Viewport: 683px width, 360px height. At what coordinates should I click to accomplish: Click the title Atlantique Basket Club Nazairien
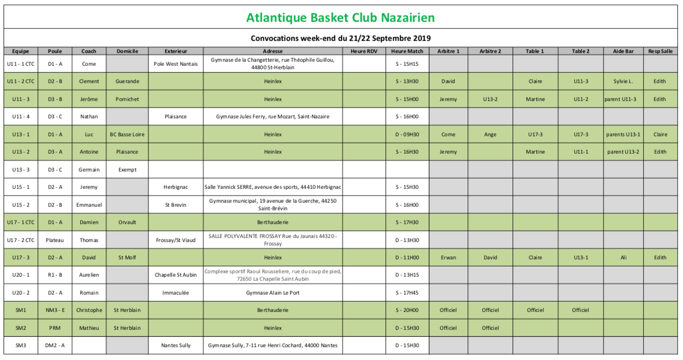coord(340,18)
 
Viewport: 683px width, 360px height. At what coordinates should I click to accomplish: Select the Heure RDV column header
coord(363,51)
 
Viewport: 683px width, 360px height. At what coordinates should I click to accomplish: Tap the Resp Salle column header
coord(660,51)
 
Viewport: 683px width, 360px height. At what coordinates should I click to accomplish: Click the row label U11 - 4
coord(21,117)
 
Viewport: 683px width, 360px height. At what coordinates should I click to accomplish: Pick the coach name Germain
coord(89,169)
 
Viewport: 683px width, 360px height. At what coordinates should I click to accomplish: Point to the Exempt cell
coord(127,169)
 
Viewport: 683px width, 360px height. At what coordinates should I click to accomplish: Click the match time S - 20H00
coord(407,310)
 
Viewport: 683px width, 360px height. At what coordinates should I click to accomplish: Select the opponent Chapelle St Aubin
coord(176,275)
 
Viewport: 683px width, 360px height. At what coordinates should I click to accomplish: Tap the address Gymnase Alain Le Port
coord(273,293)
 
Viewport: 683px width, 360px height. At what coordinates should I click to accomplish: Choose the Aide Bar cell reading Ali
coord(623,258)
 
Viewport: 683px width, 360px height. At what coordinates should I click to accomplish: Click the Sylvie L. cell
coord(623,81)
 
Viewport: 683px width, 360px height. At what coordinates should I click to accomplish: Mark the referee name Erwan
coord(448,258)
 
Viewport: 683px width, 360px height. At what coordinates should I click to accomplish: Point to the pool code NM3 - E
coord(55,310)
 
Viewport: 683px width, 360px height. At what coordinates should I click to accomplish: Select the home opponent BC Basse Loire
coord(127,135)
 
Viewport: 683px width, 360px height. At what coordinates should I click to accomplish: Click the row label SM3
coord(21,346)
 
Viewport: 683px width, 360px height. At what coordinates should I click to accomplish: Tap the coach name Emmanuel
coord(89,205)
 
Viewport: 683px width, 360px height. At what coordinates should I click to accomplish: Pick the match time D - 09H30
coord(407,135)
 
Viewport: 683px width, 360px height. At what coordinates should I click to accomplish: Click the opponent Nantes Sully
coord(176,346)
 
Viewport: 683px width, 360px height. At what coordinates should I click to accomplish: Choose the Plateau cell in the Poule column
coord(55,240)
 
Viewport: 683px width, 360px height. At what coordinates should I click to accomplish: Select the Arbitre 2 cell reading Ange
coord(490,135)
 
